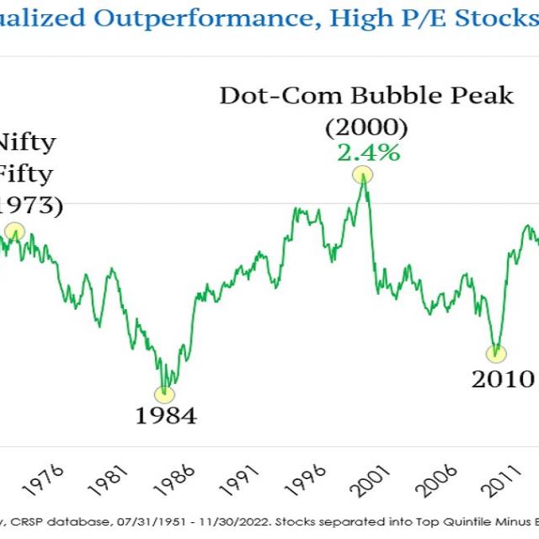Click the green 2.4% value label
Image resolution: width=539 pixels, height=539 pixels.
[368, 152]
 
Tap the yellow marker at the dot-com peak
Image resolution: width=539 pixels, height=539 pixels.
[362, 174]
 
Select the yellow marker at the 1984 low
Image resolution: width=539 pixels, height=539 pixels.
[165, 392]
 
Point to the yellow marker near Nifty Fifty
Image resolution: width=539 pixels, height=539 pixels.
[13, 232]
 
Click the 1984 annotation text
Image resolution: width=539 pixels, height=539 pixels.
[165, 415]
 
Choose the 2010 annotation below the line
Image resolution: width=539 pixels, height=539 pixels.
[503, 378]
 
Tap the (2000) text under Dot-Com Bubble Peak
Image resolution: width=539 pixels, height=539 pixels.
[366, 127]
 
